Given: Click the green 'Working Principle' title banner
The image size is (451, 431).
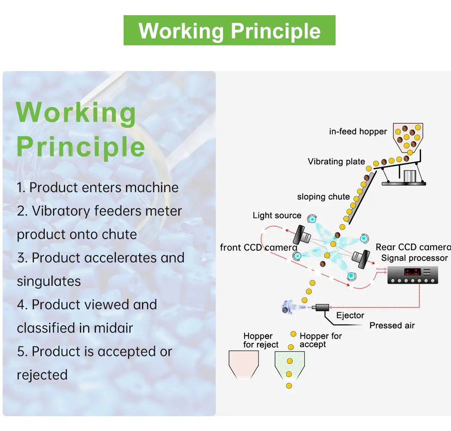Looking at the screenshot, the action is click(229, 30).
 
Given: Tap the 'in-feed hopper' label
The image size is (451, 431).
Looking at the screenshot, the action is click(358, 131).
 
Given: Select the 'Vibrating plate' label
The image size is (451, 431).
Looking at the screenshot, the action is click(336, 161).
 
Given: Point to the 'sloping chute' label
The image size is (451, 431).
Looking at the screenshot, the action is click(324, 197).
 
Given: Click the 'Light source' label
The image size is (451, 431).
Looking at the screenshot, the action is click(277, 215).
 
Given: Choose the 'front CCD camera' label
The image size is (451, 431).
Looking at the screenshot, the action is click(258, 247).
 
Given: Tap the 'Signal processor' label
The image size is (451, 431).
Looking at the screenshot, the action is click(415, 258).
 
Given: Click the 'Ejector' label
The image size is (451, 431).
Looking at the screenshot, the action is click(350, 315).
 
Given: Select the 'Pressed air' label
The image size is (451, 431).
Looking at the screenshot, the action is click(392, 326).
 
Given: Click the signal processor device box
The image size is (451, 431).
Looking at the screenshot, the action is click(413, 275).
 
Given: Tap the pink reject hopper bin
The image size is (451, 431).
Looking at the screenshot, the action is click(244, 364).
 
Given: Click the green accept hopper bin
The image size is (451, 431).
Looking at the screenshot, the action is click(290, 365).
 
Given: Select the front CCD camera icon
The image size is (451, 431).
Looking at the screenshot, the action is click(302, 235).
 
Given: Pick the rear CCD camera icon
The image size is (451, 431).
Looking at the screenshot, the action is click(361, 258).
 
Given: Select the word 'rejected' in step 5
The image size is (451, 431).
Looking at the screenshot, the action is click(42, 375).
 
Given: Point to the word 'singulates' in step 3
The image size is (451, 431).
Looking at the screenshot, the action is click(49, 281).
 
